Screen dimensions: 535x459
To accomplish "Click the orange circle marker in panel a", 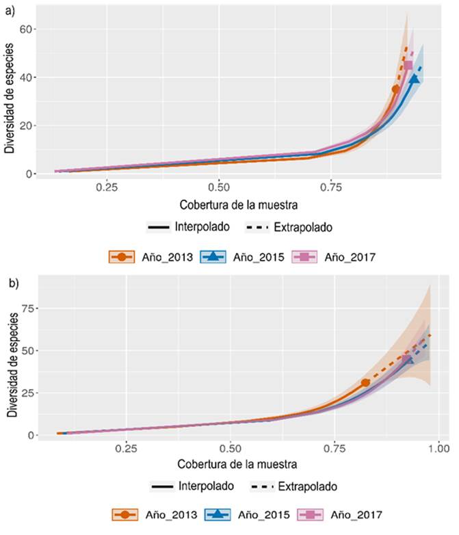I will [x=395, y=89].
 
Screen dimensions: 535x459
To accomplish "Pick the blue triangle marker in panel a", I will [x=415, y=79].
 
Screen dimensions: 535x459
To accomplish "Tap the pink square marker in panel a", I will [x=408, y=66].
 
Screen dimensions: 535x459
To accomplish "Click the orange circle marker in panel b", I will [x=365, y=382].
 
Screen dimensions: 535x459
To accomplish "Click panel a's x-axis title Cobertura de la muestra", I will [x=239, y=205].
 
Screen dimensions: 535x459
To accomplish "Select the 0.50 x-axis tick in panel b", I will [x=231, y=448].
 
